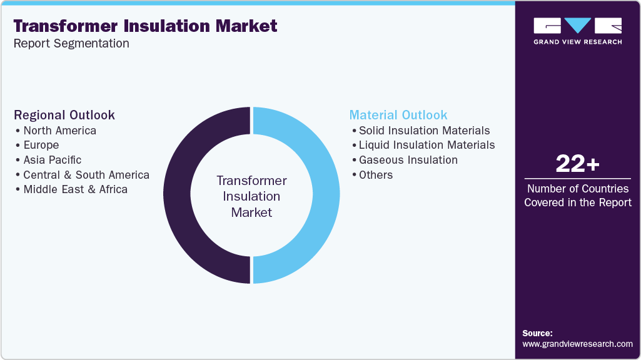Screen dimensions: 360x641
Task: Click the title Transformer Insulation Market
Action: (145, 26)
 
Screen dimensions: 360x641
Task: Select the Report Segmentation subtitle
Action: (71, 44)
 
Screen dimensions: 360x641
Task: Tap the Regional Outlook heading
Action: (64, 115)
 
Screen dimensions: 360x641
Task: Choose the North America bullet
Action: (59, 131)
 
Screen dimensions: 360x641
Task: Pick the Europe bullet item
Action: (41, 145)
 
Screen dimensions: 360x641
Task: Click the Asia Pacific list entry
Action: (52, 160)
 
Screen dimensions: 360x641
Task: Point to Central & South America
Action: (86, 175)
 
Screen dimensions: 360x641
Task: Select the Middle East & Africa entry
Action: (75, 189)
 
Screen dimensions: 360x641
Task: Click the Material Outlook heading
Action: (398, 115)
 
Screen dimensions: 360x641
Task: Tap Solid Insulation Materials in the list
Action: (424, 131)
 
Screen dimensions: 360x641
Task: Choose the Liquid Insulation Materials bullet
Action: (426, 145)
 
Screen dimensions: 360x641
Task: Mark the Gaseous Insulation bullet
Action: (408, 160)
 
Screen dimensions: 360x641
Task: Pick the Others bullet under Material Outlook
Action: (375, 175)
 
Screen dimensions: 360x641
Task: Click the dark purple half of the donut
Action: (178, 195)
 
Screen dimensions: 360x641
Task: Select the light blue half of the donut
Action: (325, 195)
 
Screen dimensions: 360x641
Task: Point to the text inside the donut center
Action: (251, 196)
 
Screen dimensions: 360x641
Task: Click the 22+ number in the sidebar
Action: (577, 164)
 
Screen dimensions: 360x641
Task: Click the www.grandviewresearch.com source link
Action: (577, 344)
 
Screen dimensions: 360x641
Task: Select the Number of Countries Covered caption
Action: (577, 195)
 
